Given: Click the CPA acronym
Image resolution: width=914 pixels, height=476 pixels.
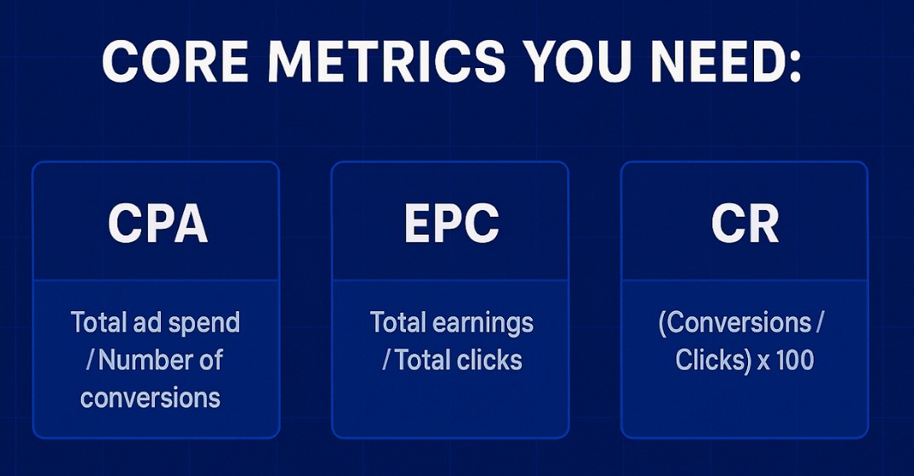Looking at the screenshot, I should [157, 224].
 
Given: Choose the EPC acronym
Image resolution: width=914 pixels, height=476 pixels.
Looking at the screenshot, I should [451, 224].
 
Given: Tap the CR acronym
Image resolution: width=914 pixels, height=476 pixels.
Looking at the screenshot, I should [745, 224].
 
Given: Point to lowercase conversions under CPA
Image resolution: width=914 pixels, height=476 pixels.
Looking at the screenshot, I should [150, 397].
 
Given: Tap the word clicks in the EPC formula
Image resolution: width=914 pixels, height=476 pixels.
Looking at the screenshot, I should [488, 360].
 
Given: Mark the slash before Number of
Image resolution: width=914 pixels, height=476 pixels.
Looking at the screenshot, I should [91, 360].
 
